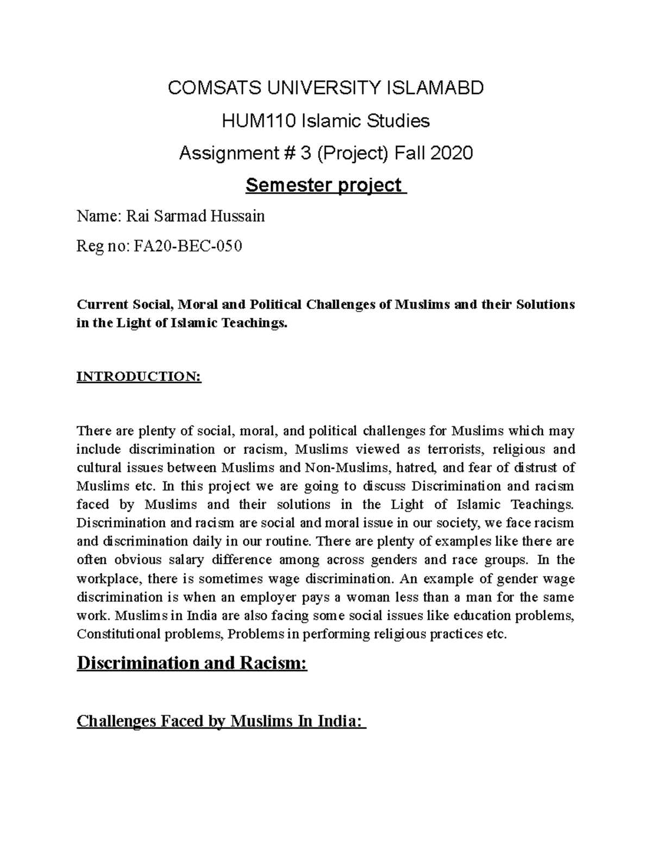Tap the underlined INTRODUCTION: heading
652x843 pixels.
[139, 377]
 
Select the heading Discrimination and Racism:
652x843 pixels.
[192, 663]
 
